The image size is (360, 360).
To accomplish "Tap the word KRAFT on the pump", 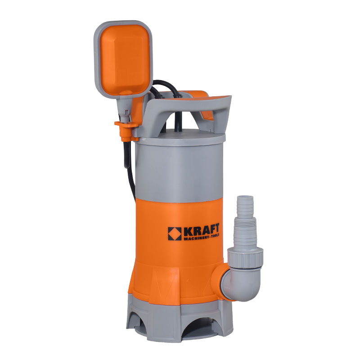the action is tap(202, 229).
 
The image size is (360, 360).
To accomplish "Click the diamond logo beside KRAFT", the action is tap(175, 234).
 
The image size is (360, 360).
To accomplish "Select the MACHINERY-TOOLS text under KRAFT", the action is tap(202, 238).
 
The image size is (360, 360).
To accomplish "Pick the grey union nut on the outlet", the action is tap(245, 258).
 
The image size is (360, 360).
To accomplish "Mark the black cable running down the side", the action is tap(130, 170).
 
